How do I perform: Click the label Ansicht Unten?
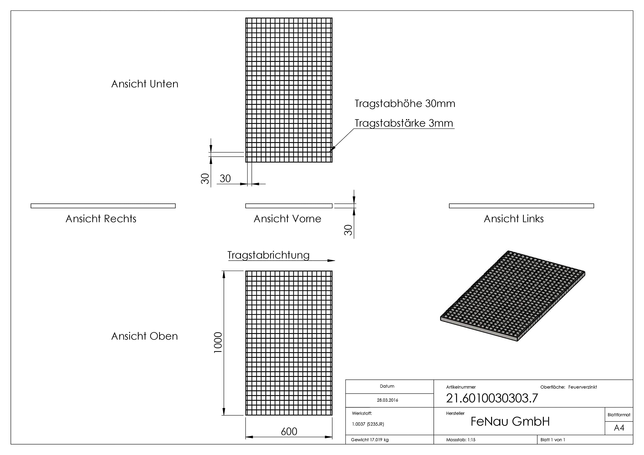click(145, 84)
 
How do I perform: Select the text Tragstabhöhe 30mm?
click(405, 104)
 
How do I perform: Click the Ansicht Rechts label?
click(101, 219)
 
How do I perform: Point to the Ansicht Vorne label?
click(288, 219)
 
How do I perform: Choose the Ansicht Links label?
click(514, 219)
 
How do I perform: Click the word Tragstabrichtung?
click(268, 255)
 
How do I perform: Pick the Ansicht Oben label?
click(145, 336)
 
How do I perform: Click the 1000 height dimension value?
click(218, 343)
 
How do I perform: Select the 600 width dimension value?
click(289, 431)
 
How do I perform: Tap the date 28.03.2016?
click(387, 400)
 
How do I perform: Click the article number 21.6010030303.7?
click(492, 398)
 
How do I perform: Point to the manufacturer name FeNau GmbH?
click(510, 421)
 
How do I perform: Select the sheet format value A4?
click(619, 428)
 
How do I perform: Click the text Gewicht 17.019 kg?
click(370, 440)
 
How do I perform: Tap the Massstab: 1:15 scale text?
click(461, 440)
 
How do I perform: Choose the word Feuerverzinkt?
click(583, 387)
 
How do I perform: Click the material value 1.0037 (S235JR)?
click(368, 424)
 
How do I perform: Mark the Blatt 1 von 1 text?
click(553, 440)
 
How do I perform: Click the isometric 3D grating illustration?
click(513, 296)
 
